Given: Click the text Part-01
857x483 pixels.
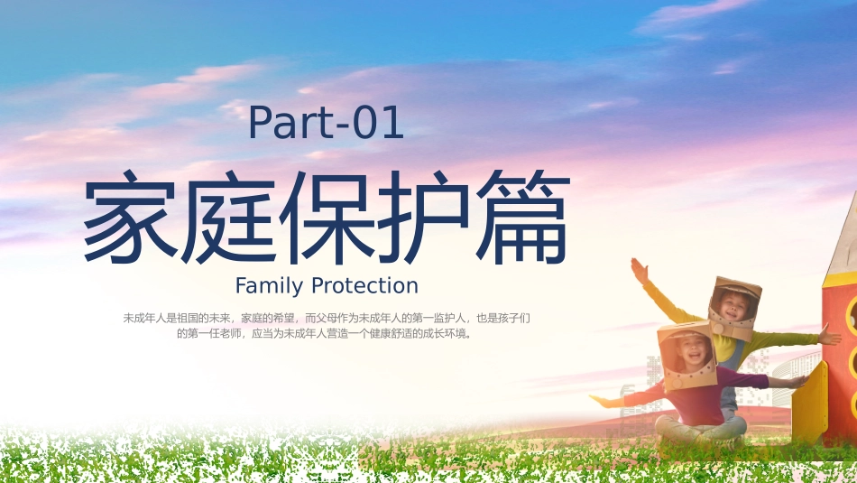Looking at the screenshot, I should (x=326, y=124).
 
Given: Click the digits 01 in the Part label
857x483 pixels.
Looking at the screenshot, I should (x=378, y=124).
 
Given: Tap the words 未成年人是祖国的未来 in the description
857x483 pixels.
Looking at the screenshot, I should (x=178, y=318).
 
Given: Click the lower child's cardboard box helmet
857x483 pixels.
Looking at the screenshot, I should (x=687, y=355).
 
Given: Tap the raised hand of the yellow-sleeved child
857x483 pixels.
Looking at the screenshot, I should (x=639, y=269).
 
